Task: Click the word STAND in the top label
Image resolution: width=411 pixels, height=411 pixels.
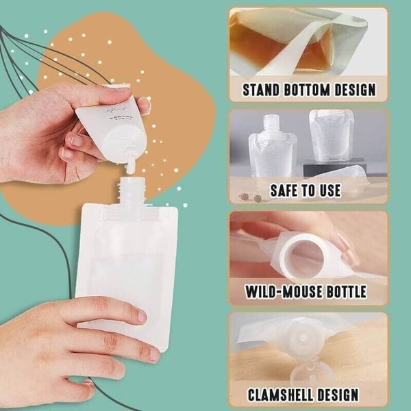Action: (x=264, y=89)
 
